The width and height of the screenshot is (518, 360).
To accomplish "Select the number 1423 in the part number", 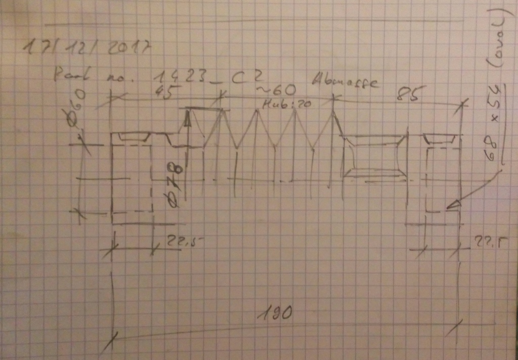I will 178,76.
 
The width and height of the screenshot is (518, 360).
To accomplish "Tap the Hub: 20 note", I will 286,104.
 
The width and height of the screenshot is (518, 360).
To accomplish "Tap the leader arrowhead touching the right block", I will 454,204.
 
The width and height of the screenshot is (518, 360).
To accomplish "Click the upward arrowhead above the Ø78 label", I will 188,119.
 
